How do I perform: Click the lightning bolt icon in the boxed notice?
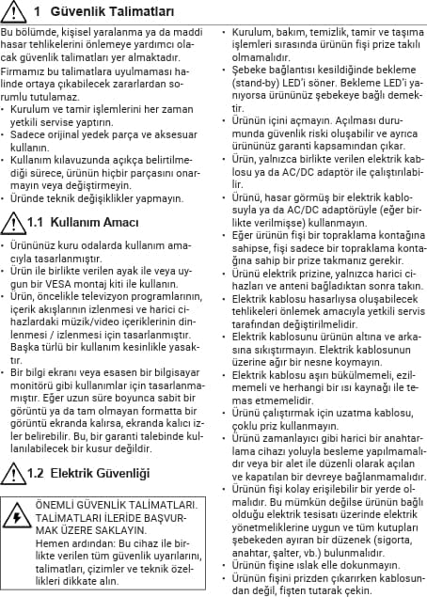click(17, 518)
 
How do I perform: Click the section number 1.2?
click(39, 471)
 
